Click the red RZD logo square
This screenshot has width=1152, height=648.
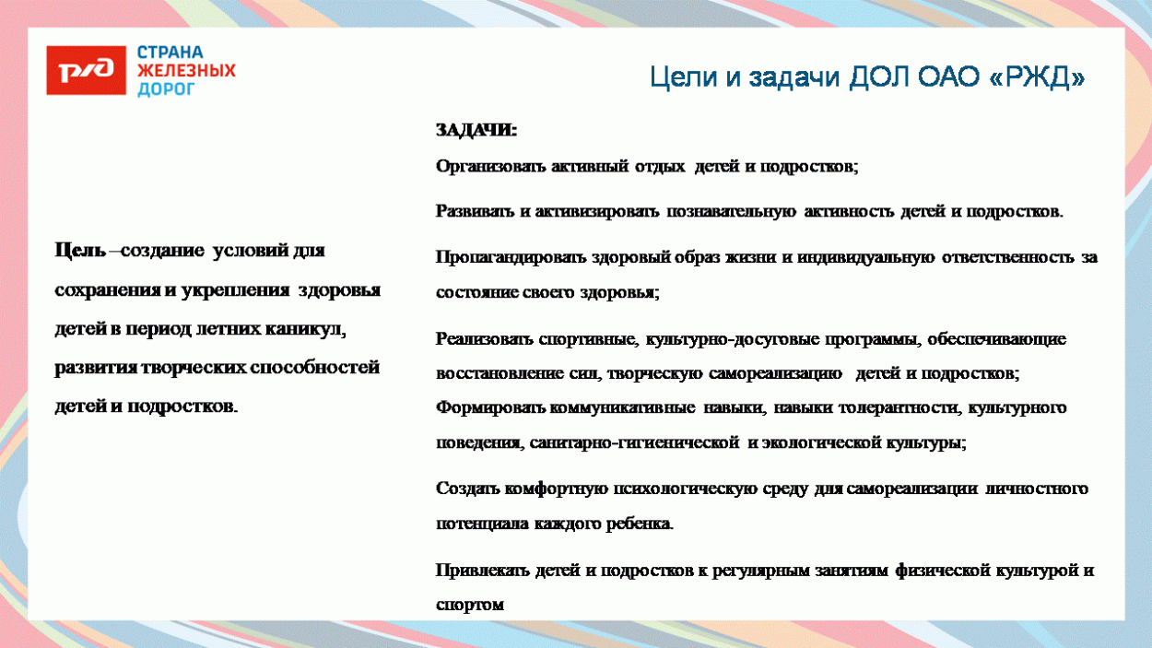(86, 70)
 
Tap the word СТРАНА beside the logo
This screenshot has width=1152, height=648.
(170, 53)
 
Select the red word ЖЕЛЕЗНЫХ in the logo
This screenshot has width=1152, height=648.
(186, 71)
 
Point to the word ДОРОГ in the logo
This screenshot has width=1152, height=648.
(167, 89)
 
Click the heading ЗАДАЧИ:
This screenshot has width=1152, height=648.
(476, 131)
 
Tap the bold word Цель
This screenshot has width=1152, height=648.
(80, 251)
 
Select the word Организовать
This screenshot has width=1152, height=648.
(491, 167)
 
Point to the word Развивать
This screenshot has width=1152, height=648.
(476, 211)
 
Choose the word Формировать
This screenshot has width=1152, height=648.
(491, 407)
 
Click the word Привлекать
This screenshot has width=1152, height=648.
(483, 571)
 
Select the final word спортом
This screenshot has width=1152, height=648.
(470, 606)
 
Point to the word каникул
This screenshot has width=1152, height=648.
(318, 328)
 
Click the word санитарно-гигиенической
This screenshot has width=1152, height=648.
(634, 442)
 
